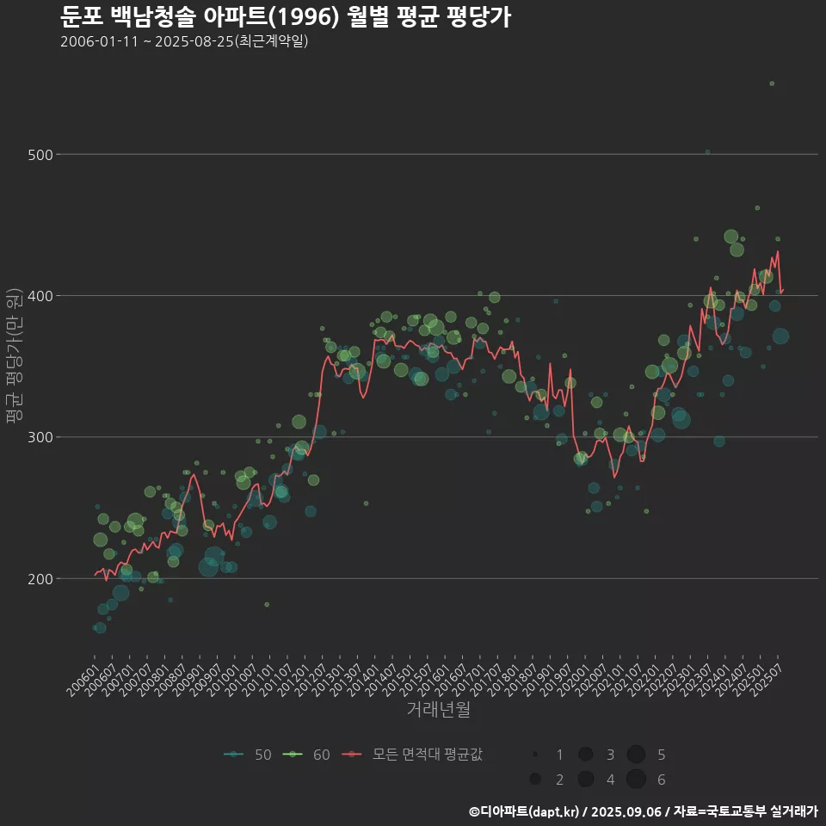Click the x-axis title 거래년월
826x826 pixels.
point(438,710)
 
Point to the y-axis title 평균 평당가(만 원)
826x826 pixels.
point(14,355)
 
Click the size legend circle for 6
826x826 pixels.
point(636,780)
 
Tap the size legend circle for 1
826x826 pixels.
point(535,755)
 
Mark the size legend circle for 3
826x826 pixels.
point(586,755)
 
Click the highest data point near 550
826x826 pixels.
point(772,83)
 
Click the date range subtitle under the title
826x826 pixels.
point(184,41)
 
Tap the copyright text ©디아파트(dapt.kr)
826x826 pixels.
point(524,811)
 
